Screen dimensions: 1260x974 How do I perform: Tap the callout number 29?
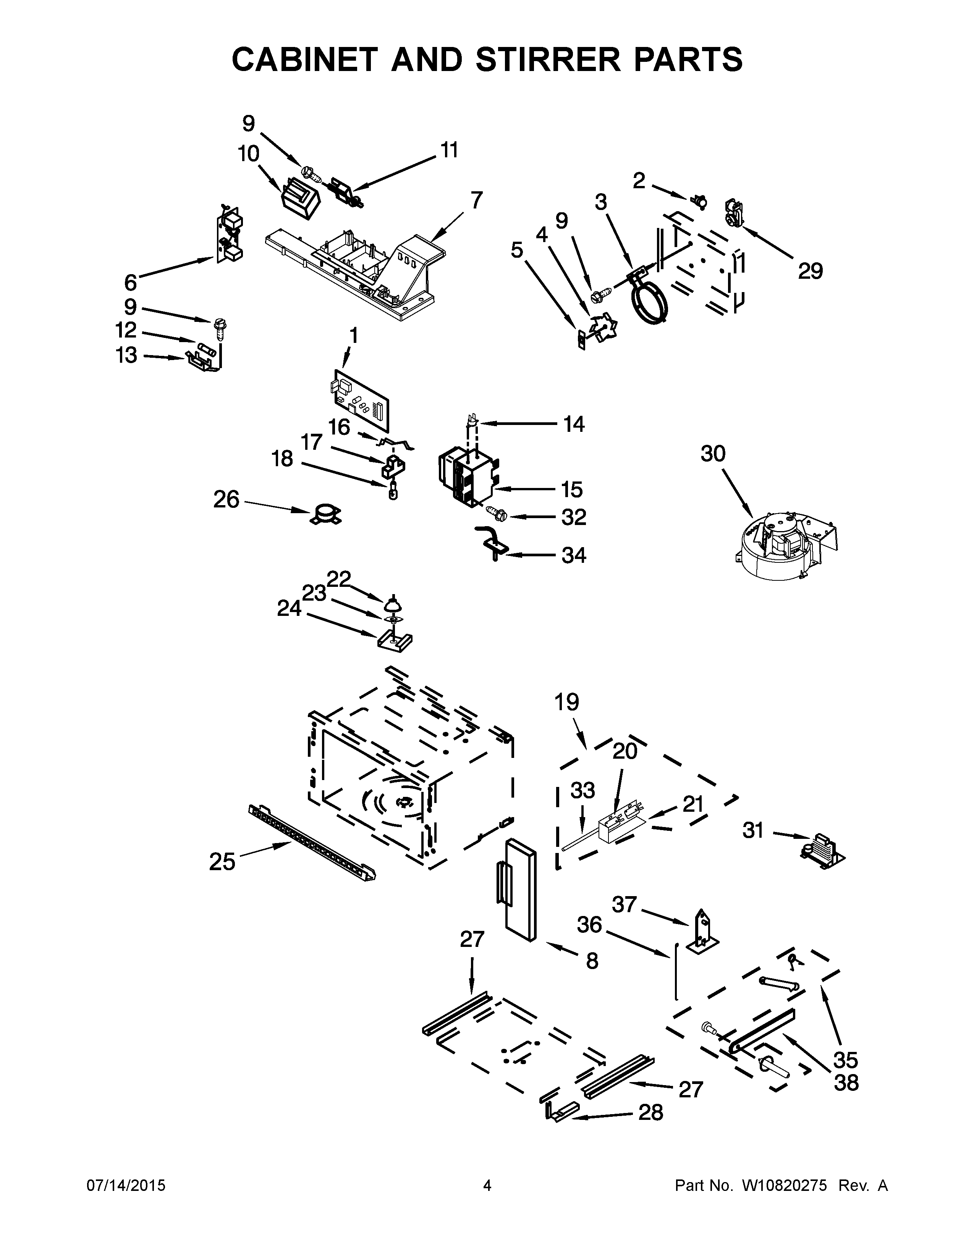pyautogui.click(x=810, y=271)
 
